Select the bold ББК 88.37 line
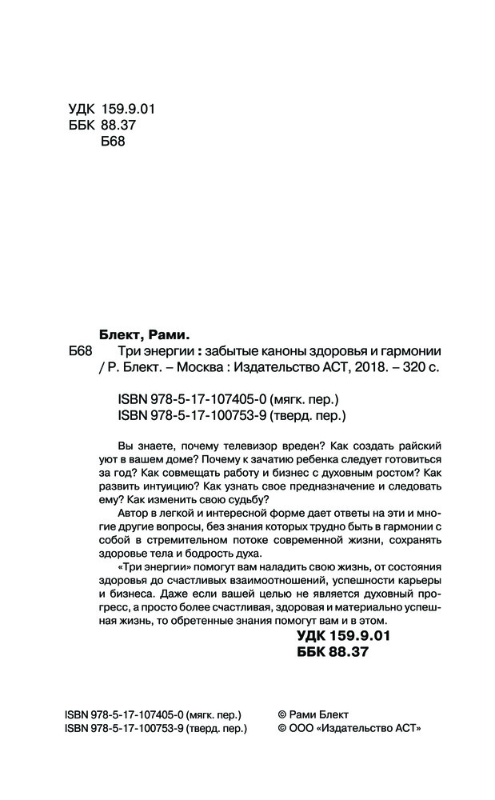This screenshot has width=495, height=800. click(331, 654)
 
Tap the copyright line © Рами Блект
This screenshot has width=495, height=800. click(312, 714)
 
